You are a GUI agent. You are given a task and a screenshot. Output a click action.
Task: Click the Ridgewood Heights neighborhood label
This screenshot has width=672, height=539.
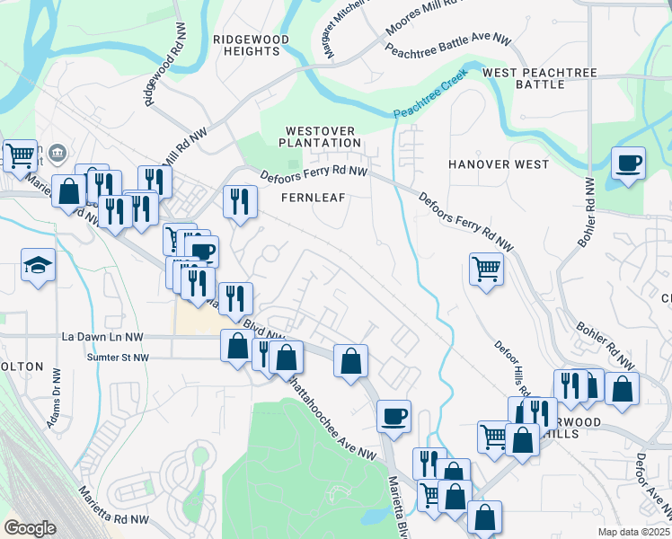pos(246,45)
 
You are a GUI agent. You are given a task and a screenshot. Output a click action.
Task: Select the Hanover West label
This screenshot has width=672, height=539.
pos(499,164)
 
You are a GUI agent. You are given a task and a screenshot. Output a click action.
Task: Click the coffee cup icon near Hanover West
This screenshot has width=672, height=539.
pos(628,164)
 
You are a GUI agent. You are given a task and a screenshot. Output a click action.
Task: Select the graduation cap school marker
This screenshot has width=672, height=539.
pos(39,265)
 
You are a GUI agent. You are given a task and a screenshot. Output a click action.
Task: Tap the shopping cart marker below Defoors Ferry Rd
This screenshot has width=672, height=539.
pos(486,268)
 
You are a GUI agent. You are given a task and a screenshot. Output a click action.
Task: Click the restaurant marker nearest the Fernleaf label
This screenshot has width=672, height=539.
pos(239,201)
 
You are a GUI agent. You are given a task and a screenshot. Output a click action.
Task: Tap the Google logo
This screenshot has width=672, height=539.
pos(30,528)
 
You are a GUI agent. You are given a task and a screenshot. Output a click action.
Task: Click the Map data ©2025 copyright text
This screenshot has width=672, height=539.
pos(633,532)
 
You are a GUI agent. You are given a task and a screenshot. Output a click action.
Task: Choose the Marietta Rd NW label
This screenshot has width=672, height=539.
pos(113,506)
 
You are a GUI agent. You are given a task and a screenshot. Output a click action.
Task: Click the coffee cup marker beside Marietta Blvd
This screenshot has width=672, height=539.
pos(393,416)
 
